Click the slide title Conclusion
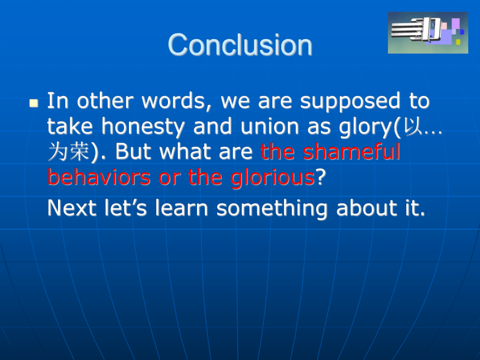tap(240, 45)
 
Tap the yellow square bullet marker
tap(33, 103)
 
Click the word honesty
tap(143, 127)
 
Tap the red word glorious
tap(272, 177)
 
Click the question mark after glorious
tap(320, 176)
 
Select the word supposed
tap(350, 102)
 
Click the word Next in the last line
tap(72, 208)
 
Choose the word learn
tap(181, 208)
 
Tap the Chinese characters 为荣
tap(69, 151)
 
